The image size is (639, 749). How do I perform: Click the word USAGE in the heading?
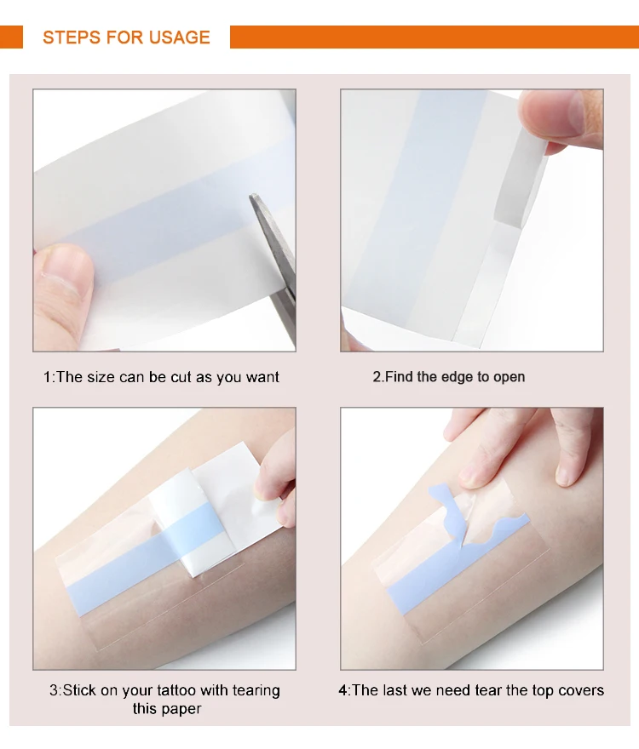180,37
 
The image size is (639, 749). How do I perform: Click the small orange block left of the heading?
11,37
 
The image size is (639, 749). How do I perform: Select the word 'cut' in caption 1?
181,377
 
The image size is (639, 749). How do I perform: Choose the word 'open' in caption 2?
509,378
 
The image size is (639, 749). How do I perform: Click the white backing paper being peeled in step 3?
220,506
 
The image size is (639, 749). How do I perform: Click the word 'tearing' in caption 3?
256,691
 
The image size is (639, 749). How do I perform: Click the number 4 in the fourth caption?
343,691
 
